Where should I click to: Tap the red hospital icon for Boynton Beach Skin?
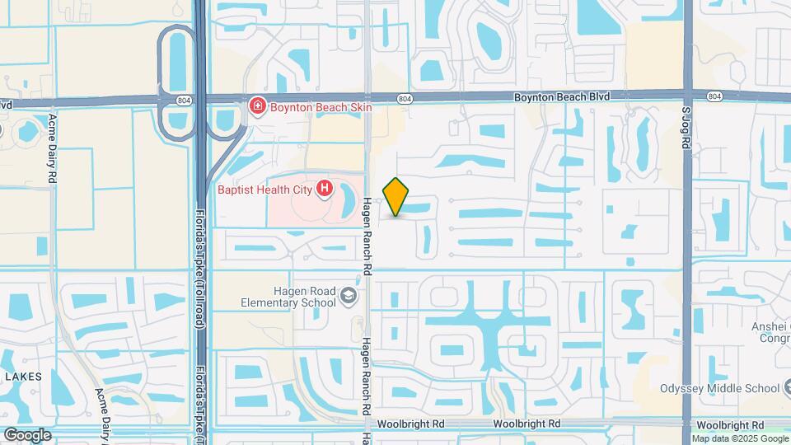coord(257,106)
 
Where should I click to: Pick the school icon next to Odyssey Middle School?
coord(789,388)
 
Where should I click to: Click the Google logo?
coord(26,434)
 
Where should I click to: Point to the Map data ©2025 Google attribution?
coord(739,438)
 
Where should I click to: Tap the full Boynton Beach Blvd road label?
coord(562,96)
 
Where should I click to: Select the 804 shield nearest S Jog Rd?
coord(714,97)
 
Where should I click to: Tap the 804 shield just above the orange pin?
coord(404,99)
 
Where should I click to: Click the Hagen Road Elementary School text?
coord(305,296)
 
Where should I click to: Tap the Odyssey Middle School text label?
coord(719,388)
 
